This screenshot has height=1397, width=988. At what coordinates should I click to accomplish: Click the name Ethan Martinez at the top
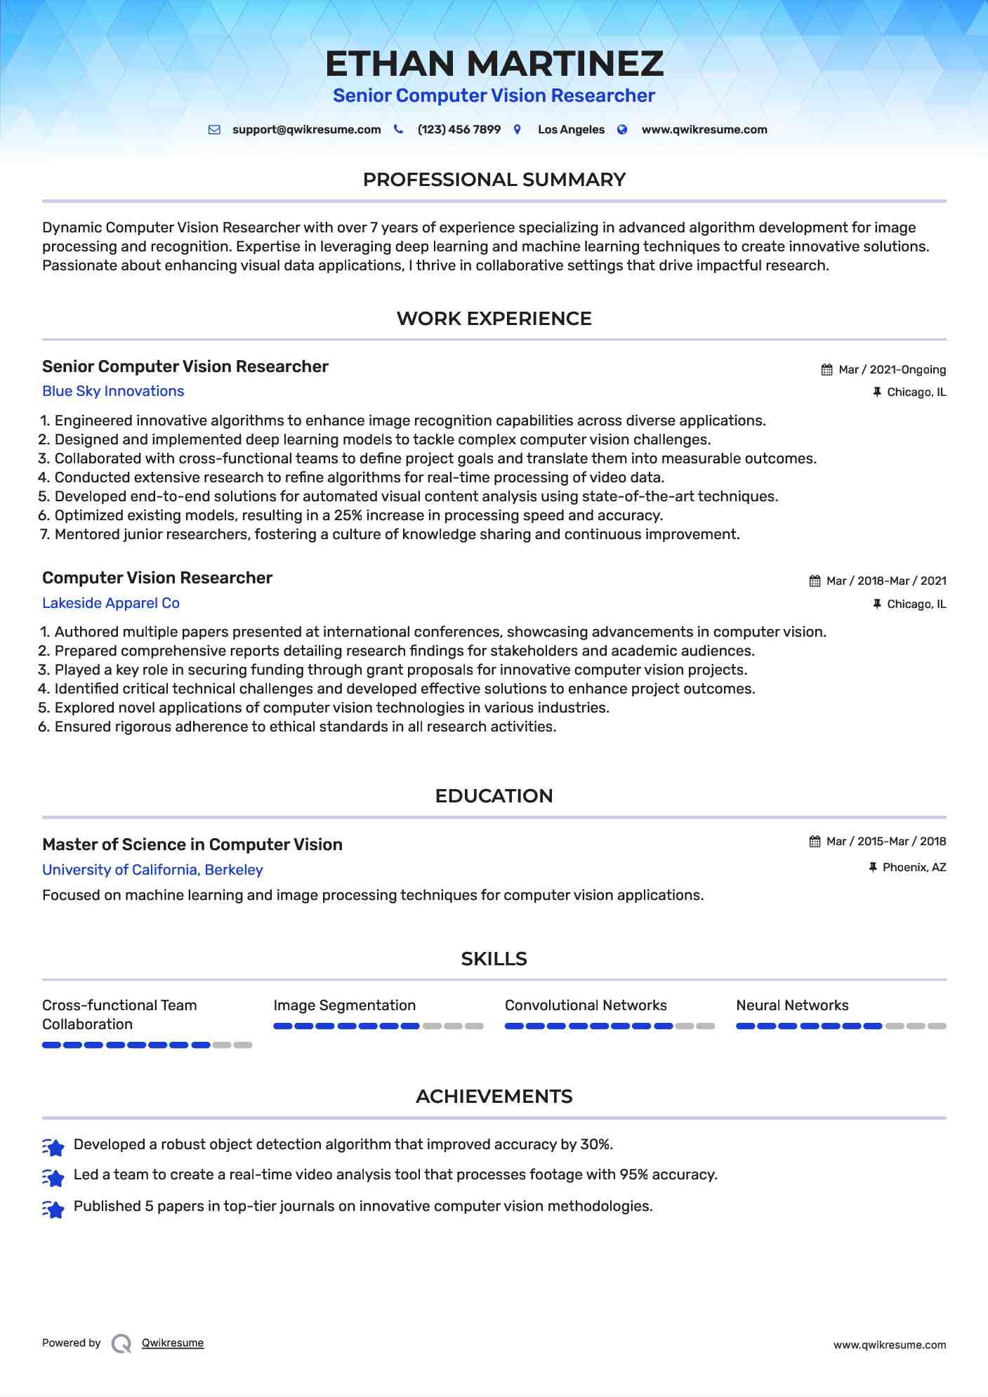click(494, 64)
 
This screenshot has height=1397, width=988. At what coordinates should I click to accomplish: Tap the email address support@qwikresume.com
click(306, 130)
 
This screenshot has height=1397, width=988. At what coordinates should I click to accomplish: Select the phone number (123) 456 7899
click(459, 130)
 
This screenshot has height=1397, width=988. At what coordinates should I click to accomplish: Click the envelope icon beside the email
click(215, 130)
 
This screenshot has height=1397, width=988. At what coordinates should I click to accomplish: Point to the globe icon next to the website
click(622, 130)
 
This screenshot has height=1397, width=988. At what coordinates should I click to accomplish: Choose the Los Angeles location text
click(571, 130)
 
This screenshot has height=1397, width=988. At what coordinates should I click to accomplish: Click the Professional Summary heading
click(494, 180)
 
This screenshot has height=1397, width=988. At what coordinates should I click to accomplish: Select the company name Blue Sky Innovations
click(113, 392)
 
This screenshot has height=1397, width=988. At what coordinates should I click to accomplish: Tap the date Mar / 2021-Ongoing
click(893, 370)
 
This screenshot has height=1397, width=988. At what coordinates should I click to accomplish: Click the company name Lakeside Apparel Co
click(111, 604)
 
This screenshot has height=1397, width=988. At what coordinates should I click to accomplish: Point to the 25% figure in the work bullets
click(348, 516)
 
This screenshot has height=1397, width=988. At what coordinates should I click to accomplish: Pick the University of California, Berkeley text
click(152, 870)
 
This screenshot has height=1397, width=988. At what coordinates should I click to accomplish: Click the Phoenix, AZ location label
click(914, 868)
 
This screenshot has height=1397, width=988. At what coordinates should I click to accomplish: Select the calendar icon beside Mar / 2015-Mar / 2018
click(815, 842)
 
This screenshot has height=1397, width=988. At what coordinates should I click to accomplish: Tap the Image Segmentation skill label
click(345, 1006)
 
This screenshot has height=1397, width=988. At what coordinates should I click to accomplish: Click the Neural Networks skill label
click(792, 1006)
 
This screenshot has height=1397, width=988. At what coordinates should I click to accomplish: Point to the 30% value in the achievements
click(596, 1145)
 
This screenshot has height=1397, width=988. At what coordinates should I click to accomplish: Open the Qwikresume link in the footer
click(173, 1343)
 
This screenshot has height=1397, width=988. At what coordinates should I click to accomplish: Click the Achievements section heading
click(494, 1097)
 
